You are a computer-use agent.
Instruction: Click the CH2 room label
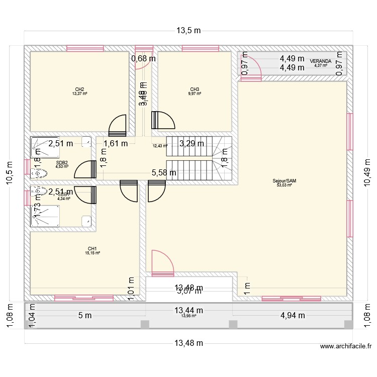(x=79, y=89)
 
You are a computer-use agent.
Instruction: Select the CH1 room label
(x=92, y=248)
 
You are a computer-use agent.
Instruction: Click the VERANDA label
(x=320, y=61)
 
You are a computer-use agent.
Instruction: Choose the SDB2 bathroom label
(x=62, y=162)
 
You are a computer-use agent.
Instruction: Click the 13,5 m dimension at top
(x=189, y=30)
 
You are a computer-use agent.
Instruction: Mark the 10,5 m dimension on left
(x=9, y=172)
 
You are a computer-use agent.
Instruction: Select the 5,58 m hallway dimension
(x=164, y=173)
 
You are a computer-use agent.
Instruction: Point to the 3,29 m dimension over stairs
(x=192, y=143)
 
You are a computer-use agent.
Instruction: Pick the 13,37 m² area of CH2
(x=79, y=94)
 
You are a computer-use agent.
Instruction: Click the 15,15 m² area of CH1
(x=92, y=253)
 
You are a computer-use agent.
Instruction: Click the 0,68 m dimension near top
(x=143, y=59)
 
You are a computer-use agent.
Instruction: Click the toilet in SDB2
(x=39, y=173)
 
